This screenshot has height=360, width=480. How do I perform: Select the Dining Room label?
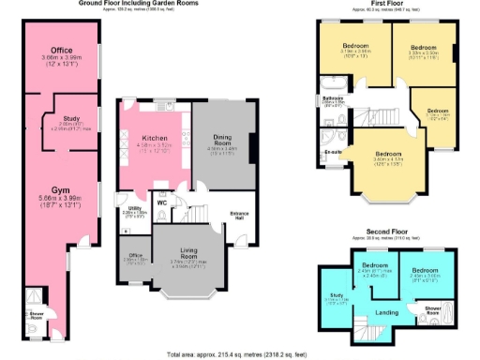pos(222,138)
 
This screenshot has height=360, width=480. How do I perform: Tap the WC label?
pos(161,202)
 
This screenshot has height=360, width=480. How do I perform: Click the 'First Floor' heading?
pos(388,4)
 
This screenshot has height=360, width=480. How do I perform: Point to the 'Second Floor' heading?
pos(385,234)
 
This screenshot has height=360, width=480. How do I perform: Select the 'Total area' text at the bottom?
pos(239,354)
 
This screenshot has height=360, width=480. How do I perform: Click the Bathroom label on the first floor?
pos(334,97)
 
